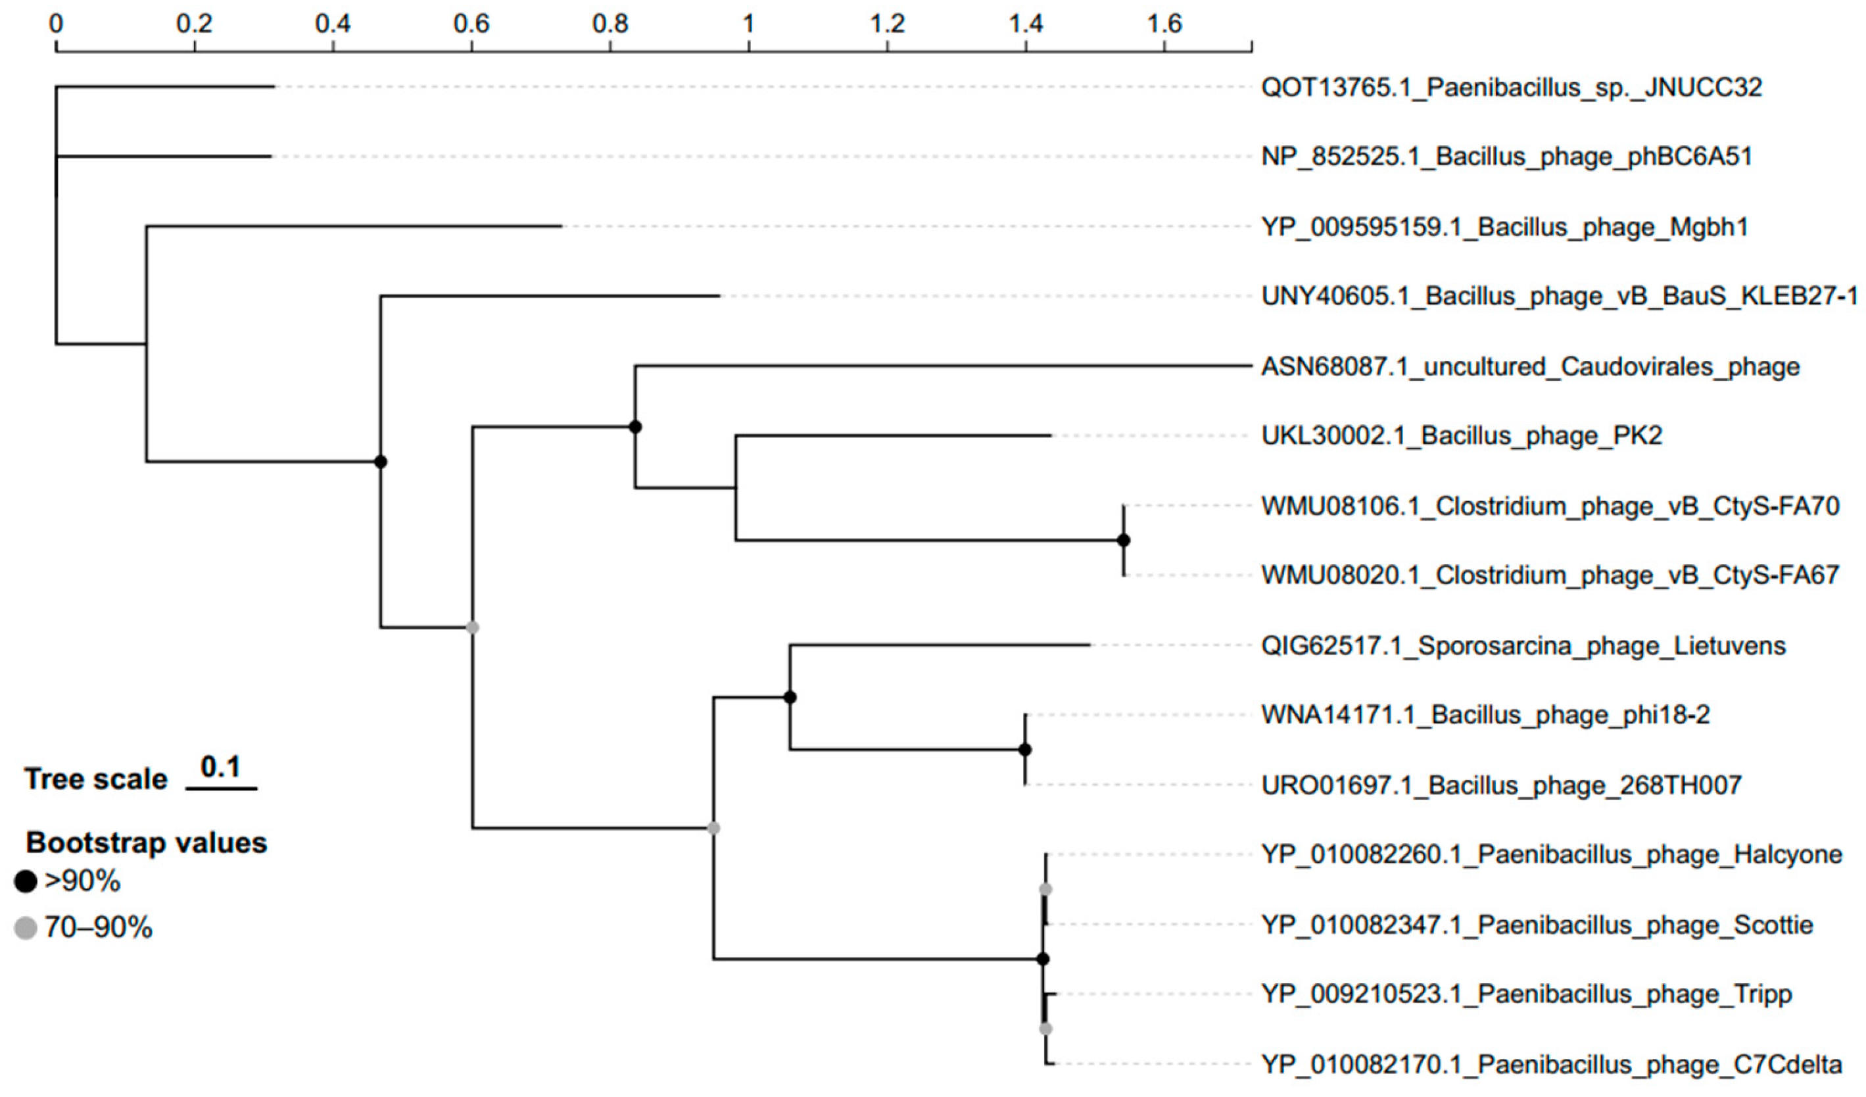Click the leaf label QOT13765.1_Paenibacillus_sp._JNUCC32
pos(1510,87)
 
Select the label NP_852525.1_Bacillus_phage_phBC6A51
pos(1506,157)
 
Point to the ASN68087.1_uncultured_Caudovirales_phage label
pos(1530,367)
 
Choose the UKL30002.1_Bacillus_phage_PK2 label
pos(1462,435)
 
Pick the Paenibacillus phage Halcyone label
pos(1551,855)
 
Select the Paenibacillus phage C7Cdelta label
pos(1551,1064)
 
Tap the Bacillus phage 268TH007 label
pos(1502,785)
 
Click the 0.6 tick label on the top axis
pos(471,24)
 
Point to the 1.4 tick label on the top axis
pos(1026,24)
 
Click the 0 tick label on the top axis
pos(57,24)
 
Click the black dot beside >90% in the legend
pos(26,881)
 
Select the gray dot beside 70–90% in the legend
pos(26,927)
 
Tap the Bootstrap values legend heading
pos(146,843)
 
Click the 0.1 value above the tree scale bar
pos(221,767)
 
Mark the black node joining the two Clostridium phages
pos(1123,540)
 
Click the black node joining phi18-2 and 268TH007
pos(1025,750)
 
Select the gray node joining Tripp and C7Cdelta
pos(1045,1029)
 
